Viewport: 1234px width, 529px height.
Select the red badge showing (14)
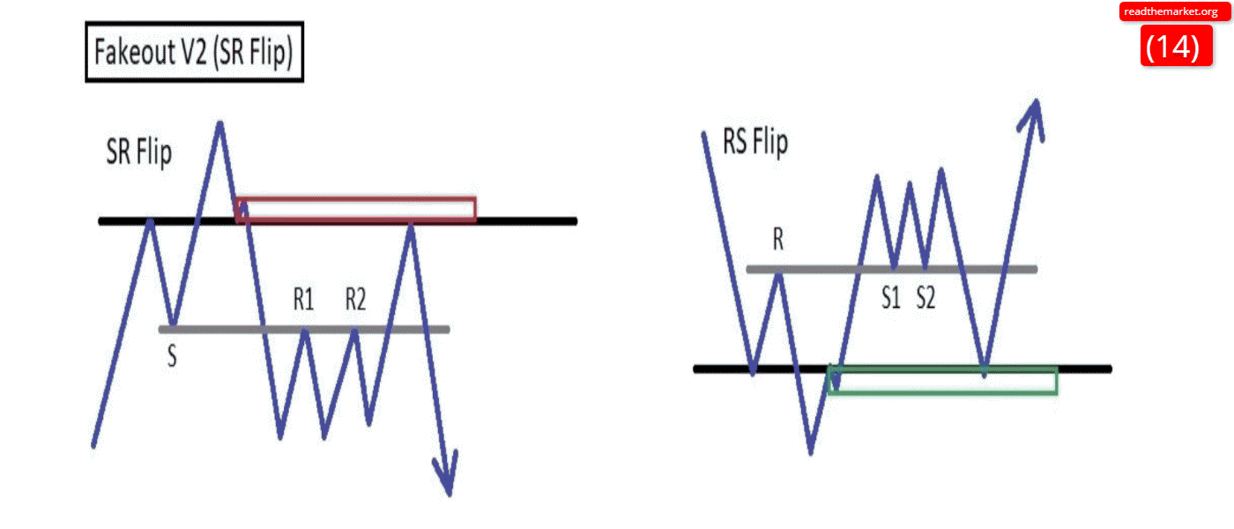coord(1171,46)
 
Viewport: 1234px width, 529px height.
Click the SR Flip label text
coord(139,153)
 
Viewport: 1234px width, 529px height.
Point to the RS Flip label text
coord(755,142)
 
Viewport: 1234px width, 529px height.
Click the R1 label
coord(304,301)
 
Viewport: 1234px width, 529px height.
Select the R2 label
coord(355,301)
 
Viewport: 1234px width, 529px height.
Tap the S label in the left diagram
coord(172,357)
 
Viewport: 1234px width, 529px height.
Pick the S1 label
coord(892,299)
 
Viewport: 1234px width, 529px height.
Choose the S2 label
coord(925,299)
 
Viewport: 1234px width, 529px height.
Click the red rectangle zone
coord(357,209)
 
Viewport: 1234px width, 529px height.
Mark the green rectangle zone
coord(943,381)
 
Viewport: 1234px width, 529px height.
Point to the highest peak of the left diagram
coord(219,123)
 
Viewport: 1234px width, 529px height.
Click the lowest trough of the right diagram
coord(811,451)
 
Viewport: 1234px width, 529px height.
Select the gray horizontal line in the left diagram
coord(220,330)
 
